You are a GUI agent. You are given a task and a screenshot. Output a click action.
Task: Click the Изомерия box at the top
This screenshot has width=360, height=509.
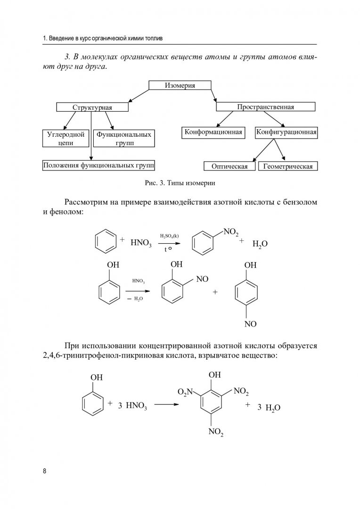tap(180, 85)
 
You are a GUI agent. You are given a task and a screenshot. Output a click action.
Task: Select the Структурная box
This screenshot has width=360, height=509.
tap(92, 107)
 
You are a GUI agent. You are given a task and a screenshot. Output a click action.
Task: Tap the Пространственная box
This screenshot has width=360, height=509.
tap(266, 107)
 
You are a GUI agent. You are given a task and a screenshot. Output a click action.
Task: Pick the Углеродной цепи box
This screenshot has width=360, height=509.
tap(65, 138)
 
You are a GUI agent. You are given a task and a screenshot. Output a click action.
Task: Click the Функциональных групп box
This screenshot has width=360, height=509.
tap(124, 138)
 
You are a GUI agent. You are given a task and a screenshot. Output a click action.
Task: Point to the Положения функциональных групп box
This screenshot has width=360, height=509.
tap(98, 165)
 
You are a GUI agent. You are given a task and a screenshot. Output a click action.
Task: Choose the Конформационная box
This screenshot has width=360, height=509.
tap(213, 132)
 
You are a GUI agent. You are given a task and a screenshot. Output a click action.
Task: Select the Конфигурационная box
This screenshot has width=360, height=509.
tap(286, 132)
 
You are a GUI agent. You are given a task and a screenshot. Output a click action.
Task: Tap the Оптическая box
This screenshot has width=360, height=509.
tap(229, 166)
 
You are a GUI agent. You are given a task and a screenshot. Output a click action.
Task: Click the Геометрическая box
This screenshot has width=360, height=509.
tap(288, 166)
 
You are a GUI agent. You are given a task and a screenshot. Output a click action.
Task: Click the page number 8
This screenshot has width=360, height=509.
tap(44, 471)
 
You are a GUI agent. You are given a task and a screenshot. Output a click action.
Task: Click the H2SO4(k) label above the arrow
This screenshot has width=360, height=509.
tap(169, 236)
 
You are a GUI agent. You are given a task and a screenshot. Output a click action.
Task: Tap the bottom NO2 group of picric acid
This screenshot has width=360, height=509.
tap(216, 432)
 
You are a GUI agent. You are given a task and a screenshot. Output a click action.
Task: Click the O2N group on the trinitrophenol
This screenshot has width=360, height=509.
tap(185, 392)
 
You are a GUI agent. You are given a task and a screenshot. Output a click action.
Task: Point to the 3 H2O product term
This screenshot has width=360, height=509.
tap(269, 408)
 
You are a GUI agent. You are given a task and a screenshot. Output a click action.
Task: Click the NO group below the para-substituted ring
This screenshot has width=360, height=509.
tap(250, 324)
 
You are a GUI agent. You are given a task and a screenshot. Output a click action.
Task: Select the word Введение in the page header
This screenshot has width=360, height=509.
tap(61, 38)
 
